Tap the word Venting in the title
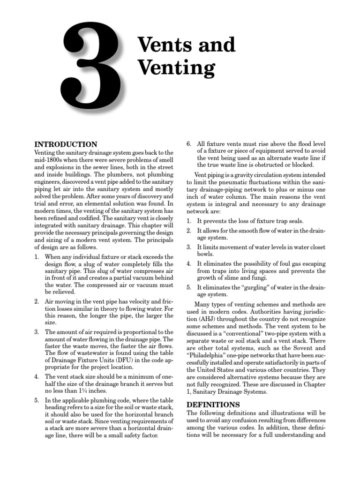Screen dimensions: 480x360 coord(176,68)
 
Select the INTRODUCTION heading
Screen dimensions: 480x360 coord(66,144)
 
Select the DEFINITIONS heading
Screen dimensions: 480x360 coord(213,404)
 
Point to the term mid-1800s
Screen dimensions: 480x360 coord(48,160)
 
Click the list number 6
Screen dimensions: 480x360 coord(189,144)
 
